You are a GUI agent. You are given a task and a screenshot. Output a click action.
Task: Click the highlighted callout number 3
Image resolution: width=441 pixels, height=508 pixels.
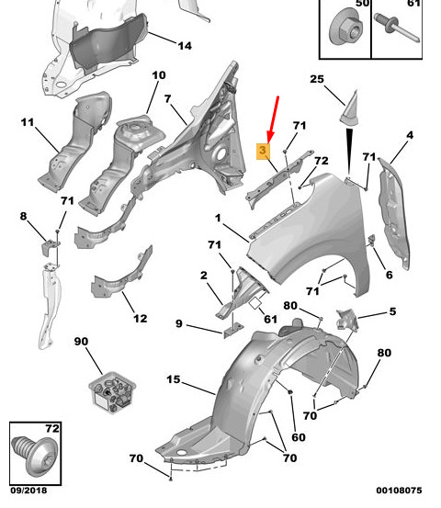[x=263, y=151]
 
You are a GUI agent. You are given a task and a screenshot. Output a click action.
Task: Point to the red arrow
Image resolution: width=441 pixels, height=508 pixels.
[x=273, y=119]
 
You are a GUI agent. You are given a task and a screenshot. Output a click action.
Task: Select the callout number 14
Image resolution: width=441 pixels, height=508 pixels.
[x=185, y=46]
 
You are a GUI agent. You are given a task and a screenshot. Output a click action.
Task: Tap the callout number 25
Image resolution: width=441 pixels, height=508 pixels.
[x=317, y=79]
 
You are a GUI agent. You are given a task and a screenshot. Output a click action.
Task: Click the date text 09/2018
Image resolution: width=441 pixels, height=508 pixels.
[x=28, y=491]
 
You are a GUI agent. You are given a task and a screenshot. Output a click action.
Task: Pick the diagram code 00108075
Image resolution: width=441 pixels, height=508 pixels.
[x=399, y=491]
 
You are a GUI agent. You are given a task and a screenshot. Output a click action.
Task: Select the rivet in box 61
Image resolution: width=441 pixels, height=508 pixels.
[x=397, y=27]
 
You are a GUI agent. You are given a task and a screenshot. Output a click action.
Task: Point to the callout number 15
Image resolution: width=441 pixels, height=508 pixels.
[x=174, y=379]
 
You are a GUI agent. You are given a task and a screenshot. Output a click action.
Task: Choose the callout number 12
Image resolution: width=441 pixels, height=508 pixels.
[x=140, y=318]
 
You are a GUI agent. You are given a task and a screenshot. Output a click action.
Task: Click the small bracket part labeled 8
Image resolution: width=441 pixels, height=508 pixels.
[x=50, y=246]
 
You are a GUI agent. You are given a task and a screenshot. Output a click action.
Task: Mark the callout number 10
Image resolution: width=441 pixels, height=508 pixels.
[x=159, y=75]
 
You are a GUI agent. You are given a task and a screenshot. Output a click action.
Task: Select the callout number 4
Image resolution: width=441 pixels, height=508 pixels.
[x=410, y=135]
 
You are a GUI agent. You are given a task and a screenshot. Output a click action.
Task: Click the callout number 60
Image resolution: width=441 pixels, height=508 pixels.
[x=299, y=437]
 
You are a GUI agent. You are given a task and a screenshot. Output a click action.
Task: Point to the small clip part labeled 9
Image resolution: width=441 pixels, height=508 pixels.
[x=233, y=330]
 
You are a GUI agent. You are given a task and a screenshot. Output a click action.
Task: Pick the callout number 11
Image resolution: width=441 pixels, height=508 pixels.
[x=28, y=122]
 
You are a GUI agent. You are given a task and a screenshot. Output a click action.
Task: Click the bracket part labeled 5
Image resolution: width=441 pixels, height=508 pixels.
[x=347, y=321]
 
